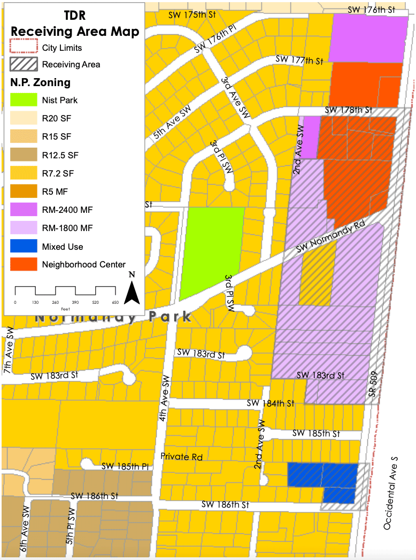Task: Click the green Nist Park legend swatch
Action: click(24, 100)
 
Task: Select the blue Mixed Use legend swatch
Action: click(24, 247)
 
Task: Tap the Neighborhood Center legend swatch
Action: click(24, 264)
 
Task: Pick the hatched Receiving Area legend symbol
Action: click(24, 64)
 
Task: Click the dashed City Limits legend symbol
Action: click(24, 48)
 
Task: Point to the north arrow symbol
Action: click(132, 289)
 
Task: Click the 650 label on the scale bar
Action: click(115, 303)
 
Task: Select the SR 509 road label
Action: click(374, 386)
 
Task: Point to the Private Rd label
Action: click(182, 456)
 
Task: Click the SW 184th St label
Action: click(271, 403)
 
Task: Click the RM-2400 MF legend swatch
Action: click(24, 210)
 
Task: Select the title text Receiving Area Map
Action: click(75, 31)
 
